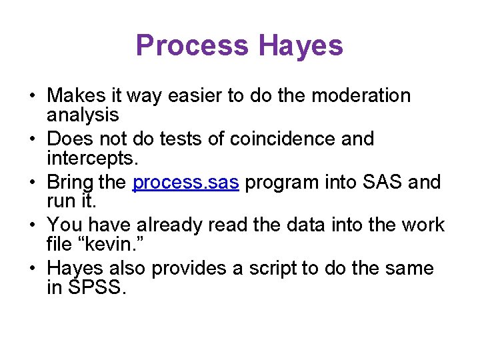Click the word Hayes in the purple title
click(x=301, y=45)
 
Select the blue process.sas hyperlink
click(x=185, y=182)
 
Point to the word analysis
click(x=83, y=115)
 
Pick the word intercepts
click(x=89, y=159)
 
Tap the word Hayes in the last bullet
click(x=74, y=269)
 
